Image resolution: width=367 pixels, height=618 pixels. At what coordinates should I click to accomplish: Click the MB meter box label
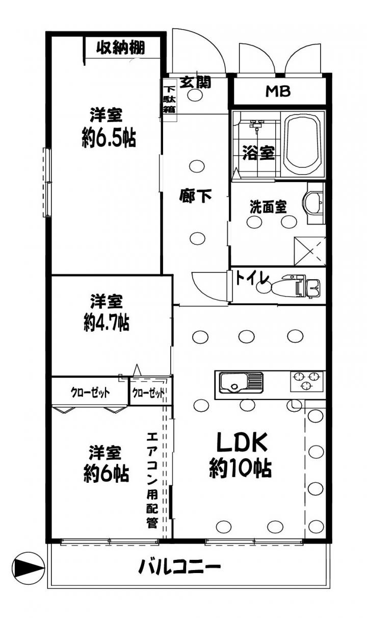[278, 91]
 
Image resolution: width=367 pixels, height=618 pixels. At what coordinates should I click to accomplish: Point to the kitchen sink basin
[233, 382]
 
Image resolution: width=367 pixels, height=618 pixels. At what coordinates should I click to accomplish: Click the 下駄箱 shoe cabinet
[169, 100]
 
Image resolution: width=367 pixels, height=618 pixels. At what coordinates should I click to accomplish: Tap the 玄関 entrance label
[195, 82]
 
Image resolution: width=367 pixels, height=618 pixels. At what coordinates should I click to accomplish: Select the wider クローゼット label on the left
[90, 392]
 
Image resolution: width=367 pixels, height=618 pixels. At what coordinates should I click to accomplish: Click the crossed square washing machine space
[310, 252]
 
